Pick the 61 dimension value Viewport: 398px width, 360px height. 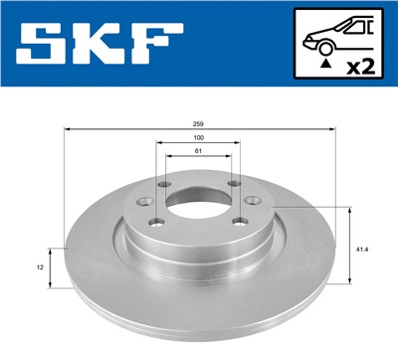click(200, 150)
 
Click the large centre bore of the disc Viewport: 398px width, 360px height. click(199, 200)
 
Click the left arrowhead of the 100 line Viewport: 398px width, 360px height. click(159, 143)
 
